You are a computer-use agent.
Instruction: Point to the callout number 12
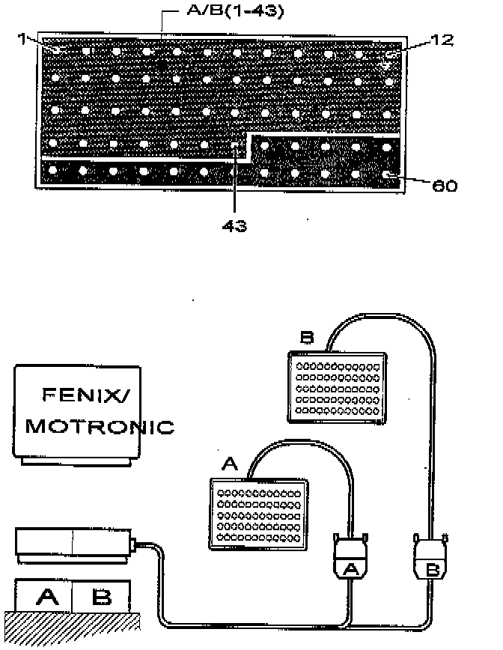click(x=442, y=40)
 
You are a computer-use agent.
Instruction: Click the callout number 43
click(x=235, y=225)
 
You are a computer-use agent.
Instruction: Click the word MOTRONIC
click(x=99, y=428)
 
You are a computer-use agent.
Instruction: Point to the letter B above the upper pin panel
click(x=306, y=338)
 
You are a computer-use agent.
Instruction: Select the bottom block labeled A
click(x=47, y=597)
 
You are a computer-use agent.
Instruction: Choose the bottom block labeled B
click(x=101, y=597)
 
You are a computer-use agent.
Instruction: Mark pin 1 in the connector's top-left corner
click(x=57, y=49)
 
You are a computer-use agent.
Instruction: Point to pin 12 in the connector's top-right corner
click(x=388, y=55)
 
